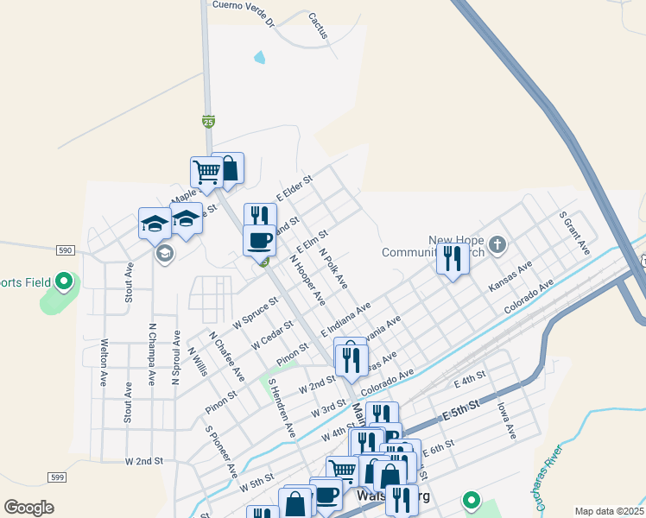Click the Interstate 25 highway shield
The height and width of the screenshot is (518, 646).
[208, 122]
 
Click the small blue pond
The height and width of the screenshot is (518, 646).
[260, 58]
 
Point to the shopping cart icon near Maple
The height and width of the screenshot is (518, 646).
[206, 171]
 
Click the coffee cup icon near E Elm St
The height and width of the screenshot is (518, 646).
[258, 239]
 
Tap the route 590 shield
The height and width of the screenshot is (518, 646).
[66, 250]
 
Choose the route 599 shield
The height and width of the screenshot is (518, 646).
[57, 477]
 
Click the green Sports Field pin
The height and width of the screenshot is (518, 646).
[63, 281]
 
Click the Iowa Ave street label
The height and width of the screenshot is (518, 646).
[505, 420]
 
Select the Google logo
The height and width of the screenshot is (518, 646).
[29, 507]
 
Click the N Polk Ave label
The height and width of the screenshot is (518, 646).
[332, 268]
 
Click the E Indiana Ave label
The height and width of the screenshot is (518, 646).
[345, 319]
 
